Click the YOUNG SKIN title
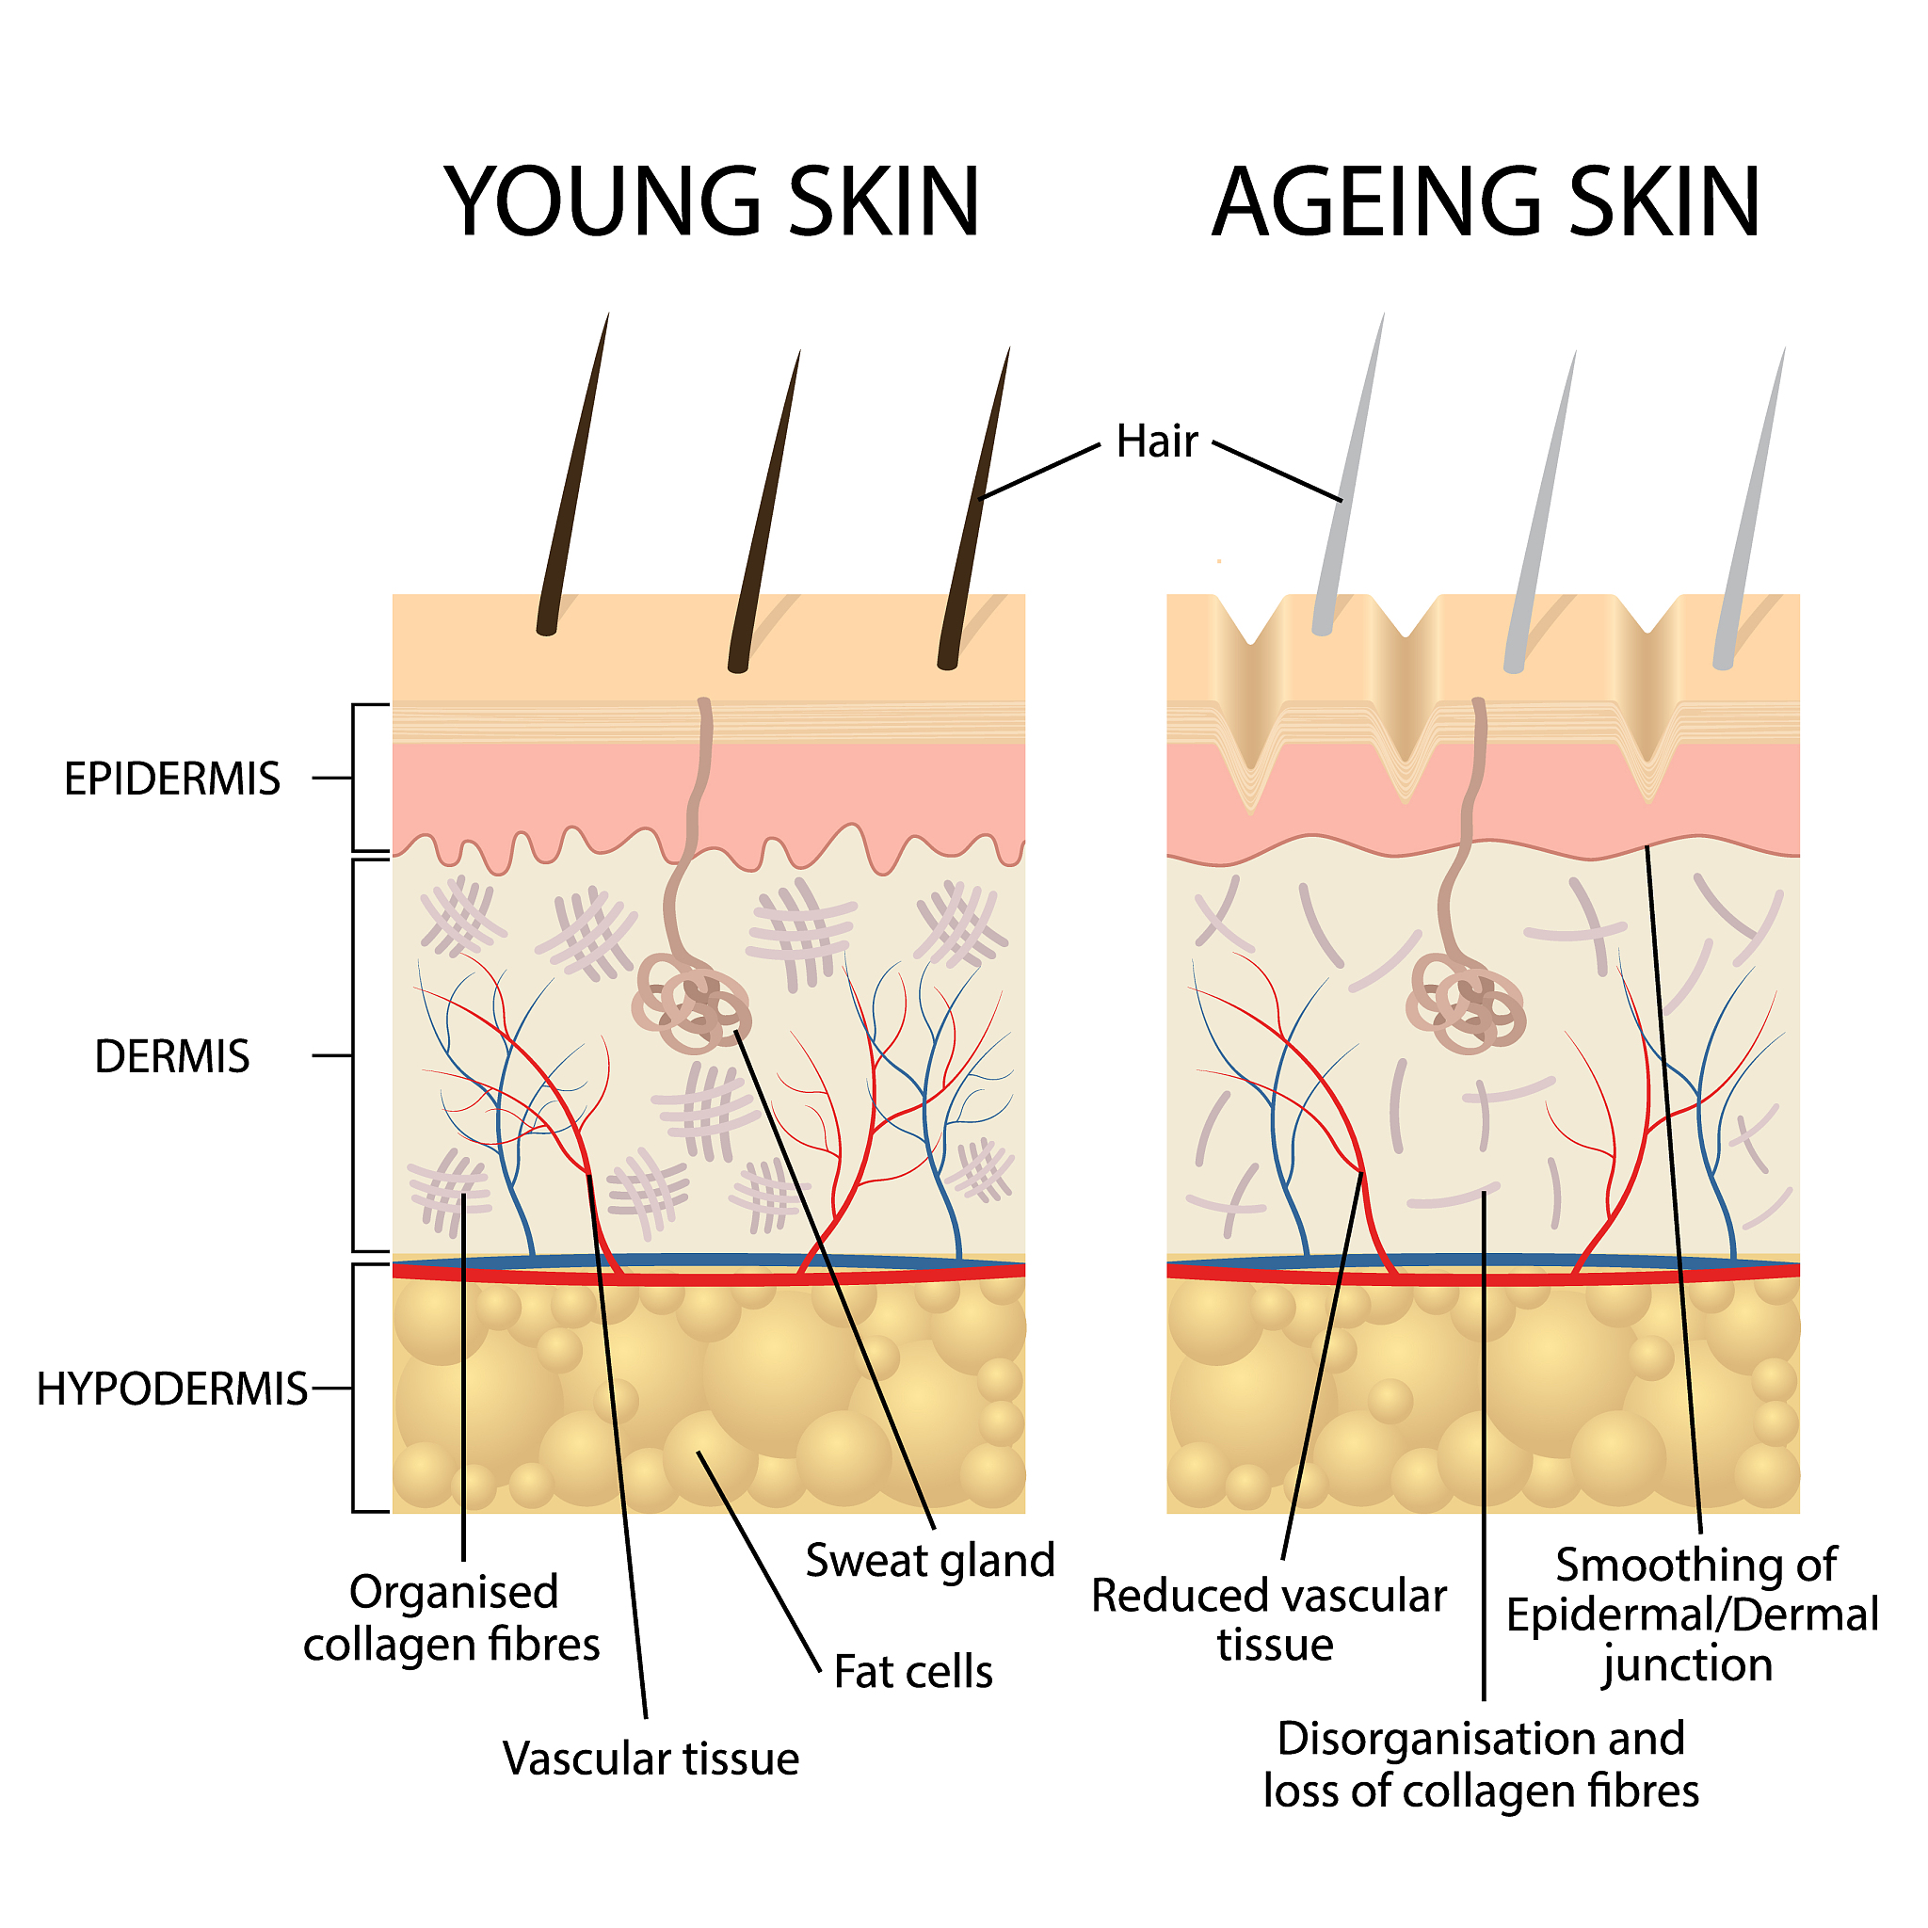tap(712, 201)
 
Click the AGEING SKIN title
tap(1486, 201)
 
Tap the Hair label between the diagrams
tap(1157, 442)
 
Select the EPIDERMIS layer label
tap(171, 779)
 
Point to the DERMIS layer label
tap(171, 1056)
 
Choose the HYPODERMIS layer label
tap(171, 1389)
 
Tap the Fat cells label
tap(913, 1671)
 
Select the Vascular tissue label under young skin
tap(651, 1758)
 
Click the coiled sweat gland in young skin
tap(691, 1003)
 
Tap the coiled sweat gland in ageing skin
tap(1466, 1003)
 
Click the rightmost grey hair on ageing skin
tap(1749, 509)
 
